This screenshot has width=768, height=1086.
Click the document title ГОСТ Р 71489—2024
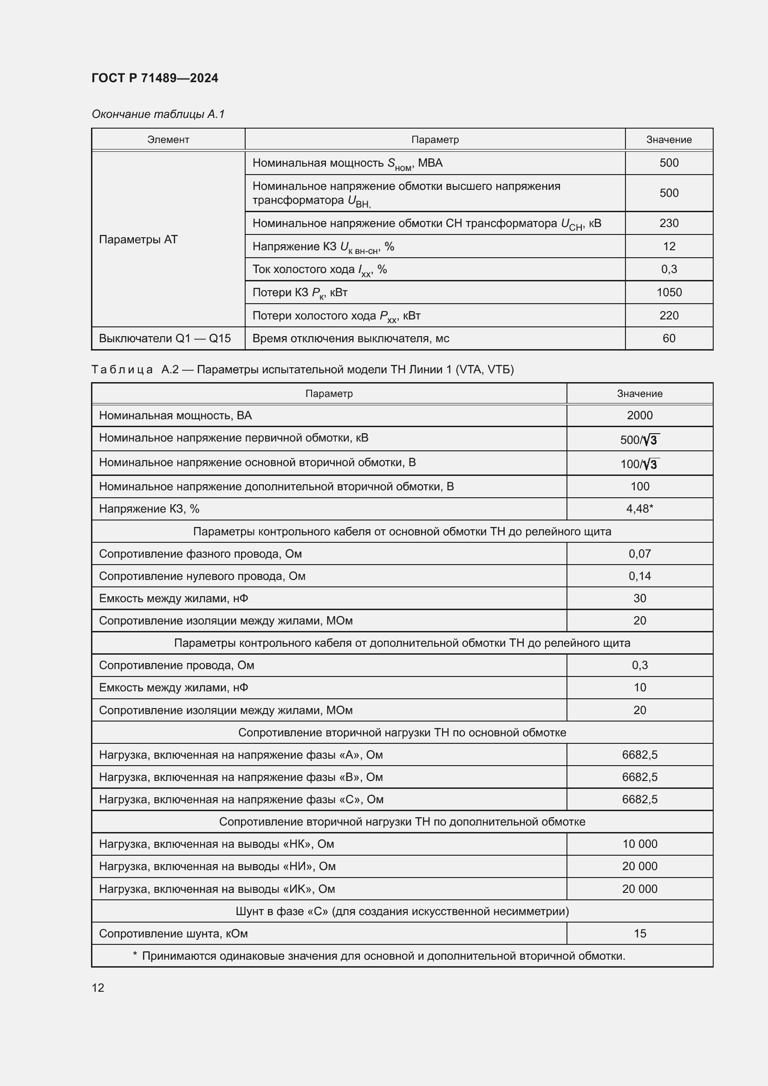click(155, 78)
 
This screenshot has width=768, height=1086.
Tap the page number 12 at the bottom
click(98, 988)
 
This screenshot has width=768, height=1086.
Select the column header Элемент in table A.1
click(168, 140)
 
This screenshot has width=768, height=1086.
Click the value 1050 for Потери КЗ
click(669, 293)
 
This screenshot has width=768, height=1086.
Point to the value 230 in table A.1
click(669, 223)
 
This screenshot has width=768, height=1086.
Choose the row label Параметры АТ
click(138, 239)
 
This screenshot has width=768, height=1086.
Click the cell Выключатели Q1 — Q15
click(164, 338)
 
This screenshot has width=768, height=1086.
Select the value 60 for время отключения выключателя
click(669, 338)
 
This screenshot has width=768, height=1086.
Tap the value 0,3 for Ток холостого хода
click(669, 269)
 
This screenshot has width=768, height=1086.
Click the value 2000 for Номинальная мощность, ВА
click(639, 415)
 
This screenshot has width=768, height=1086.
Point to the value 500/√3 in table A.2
click(639, 440)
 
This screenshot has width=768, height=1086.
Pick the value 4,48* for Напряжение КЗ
click(639, 508)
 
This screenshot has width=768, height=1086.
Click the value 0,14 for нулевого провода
click(639, 576)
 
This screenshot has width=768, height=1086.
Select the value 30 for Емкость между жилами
click(639, 598)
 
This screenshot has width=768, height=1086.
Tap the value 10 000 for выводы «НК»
click(639, 844)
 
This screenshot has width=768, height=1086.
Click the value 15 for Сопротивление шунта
click(639, 934)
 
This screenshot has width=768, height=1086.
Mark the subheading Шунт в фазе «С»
click(402, 911)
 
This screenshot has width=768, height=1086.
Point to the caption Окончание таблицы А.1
click(158, 114)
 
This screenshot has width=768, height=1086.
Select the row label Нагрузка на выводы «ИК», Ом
click(216, 889)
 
